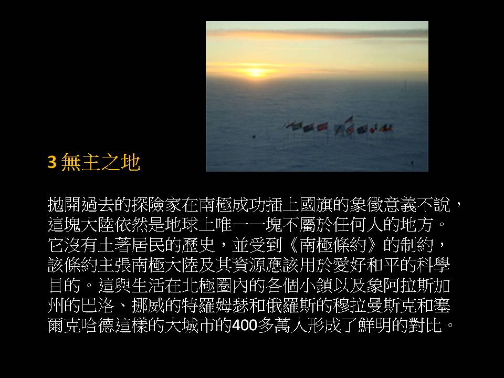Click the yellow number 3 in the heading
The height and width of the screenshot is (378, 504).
52,162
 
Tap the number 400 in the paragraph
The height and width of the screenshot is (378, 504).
245,325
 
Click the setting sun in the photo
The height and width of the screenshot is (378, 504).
256,72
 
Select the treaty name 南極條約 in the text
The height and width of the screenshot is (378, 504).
332,245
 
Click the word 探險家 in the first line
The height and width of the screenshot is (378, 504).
157,205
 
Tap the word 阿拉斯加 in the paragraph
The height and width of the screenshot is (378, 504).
416,285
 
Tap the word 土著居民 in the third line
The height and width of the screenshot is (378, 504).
132,245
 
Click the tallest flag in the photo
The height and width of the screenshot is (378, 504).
349,120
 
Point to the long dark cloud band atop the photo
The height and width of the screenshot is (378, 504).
317,33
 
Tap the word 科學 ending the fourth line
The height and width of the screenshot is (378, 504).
433,265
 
